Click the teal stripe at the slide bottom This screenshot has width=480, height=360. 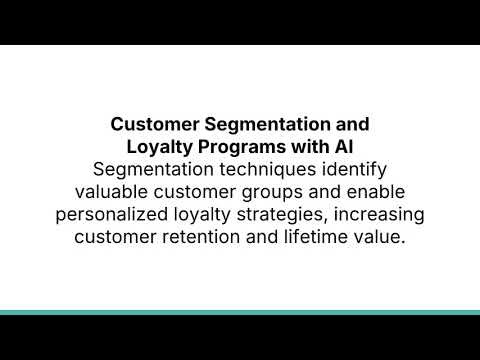[240, 312]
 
